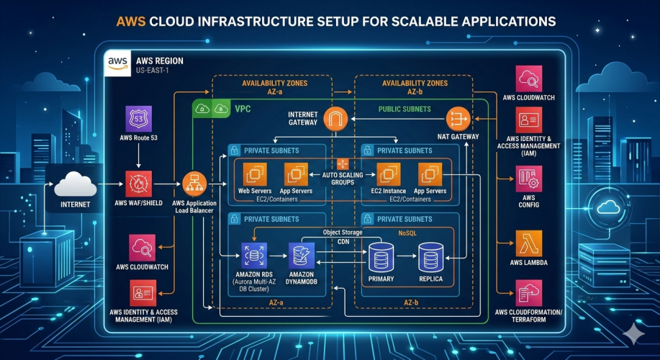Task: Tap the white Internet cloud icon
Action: tap(76, 185)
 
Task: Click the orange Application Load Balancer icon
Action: tap(194, 184)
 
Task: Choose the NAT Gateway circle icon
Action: tap(458, 118)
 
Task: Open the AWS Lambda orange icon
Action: tap(530, 244)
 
